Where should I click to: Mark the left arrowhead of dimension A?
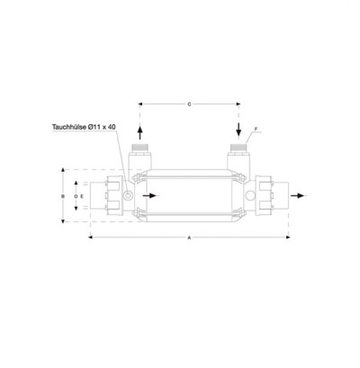(89, 238)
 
